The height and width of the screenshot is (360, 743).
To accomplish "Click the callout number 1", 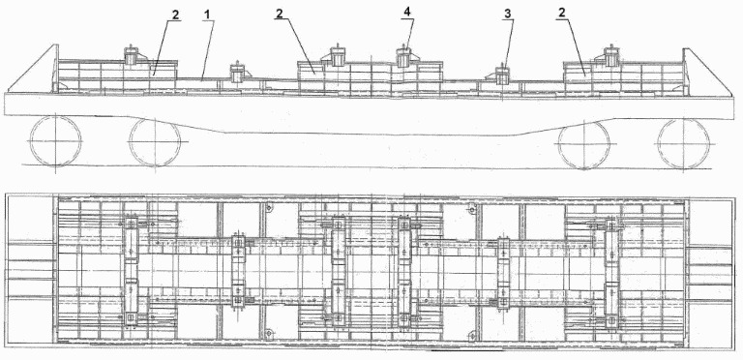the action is [206, 15].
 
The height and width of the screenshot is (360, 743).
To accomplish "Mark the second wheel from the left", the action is [154, 141].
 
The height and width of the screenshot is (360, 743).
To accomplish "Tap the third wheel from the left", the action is [583, 142].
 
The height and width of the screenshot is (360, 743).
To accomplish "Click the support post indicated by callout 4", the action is [406, 59].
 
